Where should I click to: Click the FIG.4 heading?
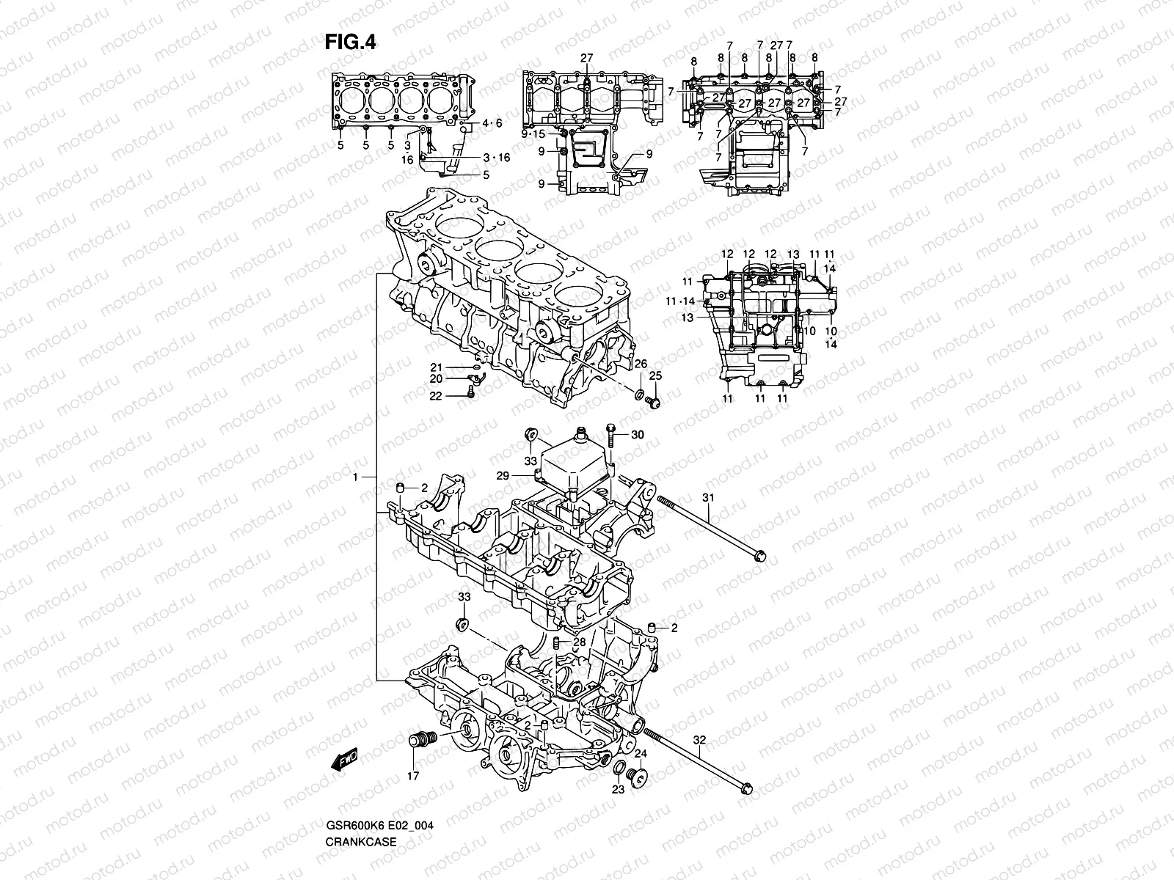coord(351,43)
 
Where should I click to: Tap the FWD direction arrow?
coord(343,762)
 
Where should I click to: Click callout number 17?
coord(413,775)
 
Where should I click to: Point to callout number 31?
coord(707,499)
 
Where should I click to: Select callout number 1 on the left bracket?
coord(354,477)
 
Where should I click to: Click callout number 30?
coord(637,435)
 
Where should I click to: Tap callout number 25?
coord(655,375)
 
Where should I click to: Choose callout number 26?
coord(640,364)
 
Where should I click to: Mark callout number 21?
coord(435,367)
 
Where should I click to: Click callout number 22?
coord(435,395)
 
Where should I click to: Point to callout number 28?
coord(580,642)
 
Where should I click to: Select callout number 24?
coord(641,753)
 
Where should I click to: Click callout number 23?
coord(618,790)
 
